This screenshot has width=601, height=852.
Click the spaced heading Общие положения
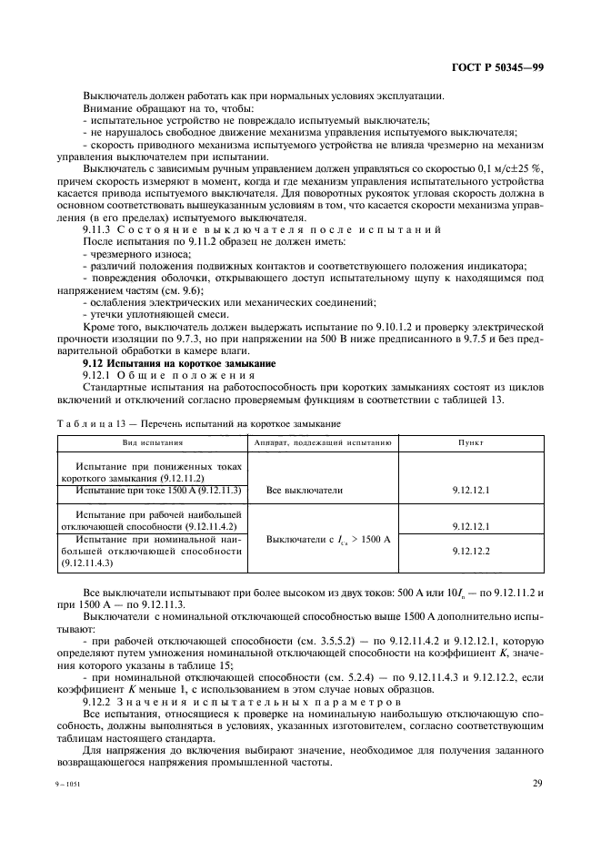click(172, 374)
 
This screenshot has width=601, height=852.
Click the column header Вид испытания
click(153, 442)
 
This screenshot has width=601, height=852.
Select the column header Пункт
click(470, 442)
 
